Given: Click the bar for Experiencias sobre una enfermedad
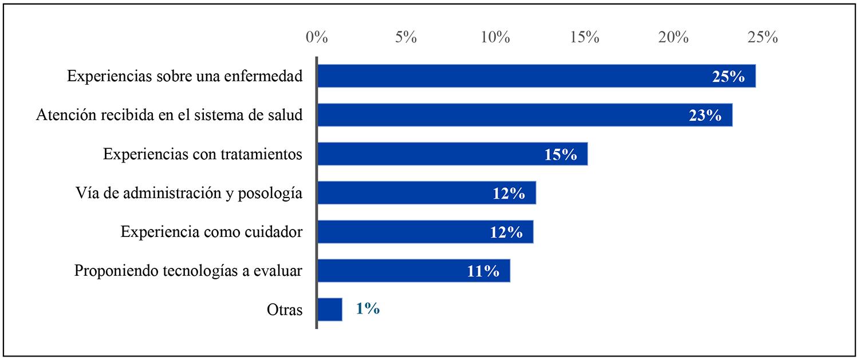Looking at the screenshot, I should pyautogui.click(x=515, y=76).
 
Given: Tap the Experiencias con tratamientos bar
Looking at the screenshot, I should pyautogui.click(x=429, y=154).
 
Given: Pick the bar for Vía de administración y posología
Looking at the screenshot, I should pyautogui.click(x=401, y=193).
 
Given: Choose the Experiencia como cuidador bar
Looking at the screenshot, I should pyautogui.click(x=401, y=232).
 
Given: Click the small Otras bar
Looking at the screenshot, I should pyautogui.click(x=330, y=310).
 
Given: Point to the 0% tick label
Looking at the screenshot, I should pyautogui.click(x=317, y=38).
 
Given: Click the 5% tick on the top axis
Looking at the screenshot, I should pyautogui.click(x=406, y=38).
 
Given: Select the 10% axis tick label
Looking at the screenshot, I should pyautogui.click(x=495, y=38).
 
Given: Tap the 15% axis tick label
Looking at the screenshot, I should pyautogui.click(x=585, y=38).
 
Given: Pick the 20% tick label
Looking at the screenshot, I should pyautogui.click(x=673, y=38).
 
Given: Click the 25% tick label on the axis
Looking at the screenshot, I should pyautogui.click(x=763, y=38).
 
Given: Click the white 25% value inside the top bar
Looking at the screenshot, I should pyautogui.click(x=728, y=77).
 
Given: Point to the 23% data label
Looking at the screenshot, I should pyautogui.click(x=705, y=116).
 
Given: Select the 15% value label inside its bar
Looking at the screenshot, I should pyautogui.click(x=561, y=155).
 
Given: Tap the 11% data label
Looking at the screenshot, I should pyautogui.click(x=483, y=271).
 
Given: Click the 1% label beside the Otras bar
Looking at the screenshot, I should pyautogui.click(x=367, y=310).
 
